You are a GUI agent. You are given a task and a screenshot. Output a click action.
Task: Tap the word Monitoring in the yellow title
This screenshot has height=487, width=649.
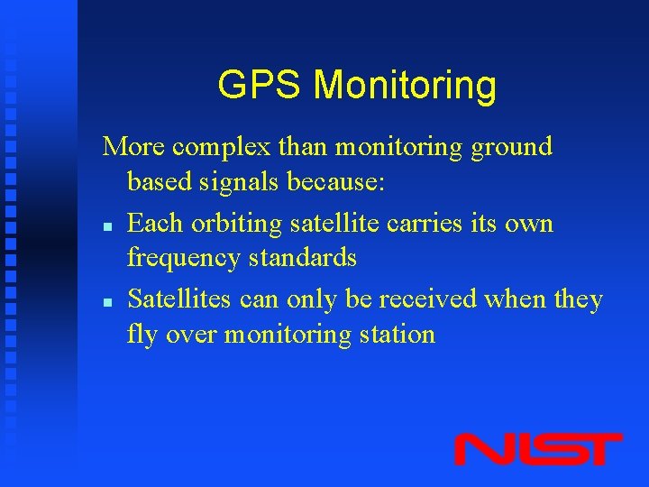click(x=405, y=86)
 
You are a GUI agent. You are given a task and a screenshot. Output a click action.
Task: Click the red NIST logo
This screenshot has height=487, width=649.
click(x=537, y=449)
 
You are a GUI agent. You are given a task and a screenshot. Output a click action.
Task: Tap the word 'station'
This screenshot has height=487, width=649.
click(x=396, y=335)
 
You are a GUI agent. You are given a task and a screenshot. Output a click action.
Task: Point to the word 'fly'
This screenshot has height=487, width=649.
click(x=142, y=335)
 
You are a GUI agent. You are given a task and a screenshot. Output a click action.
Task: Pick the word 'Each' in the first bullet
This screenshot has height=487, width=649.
click(x=155, y=223)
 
